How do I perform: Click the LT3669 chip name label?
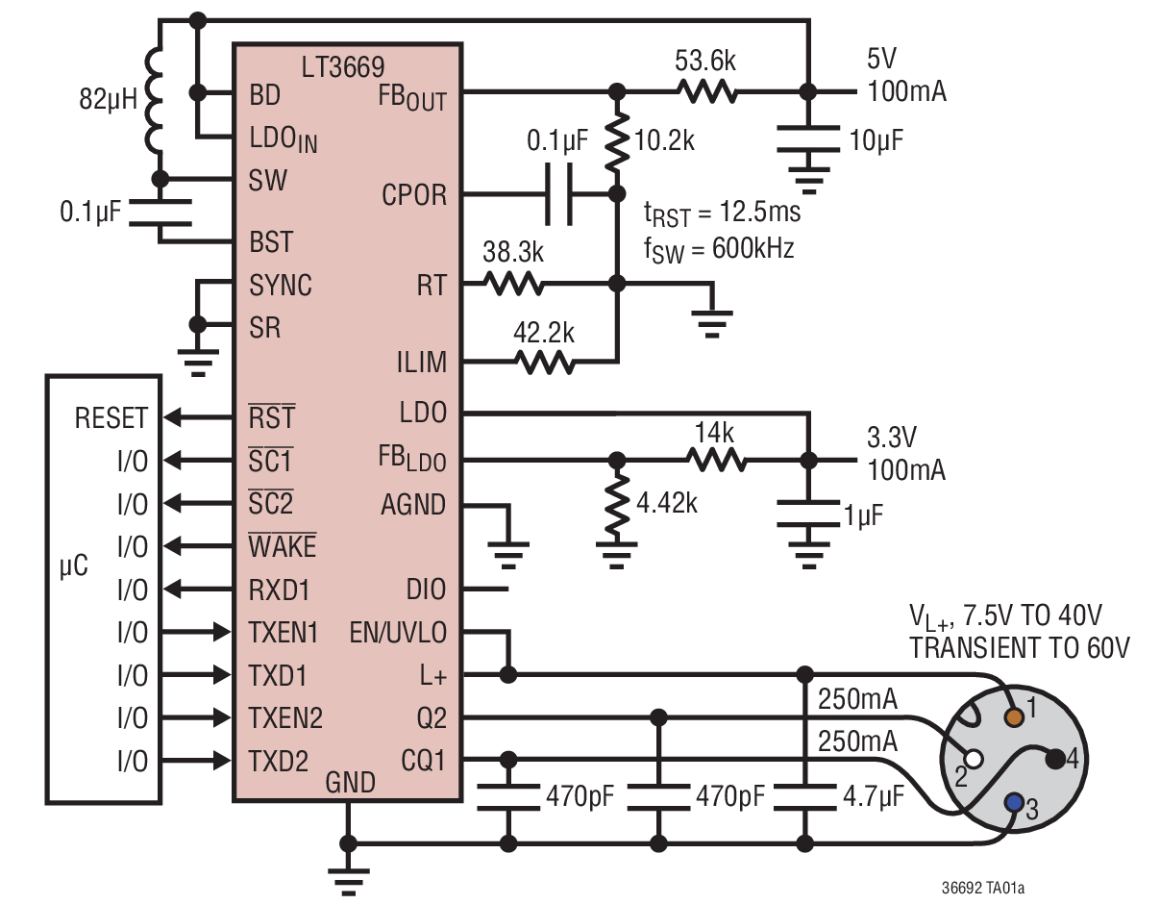pyautogui.click(x=342, y=66)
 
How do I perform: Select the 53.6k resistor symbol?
pyautogui.click(x=706, y=92)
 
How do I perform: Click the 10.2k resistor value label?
pyautogui.click(x=664, y=141)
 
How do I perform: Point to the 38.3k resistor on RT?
pyautogui.click(x=514, y=284)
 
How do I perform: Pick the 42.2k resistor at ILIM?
pyautogui.click(x=545, y=363)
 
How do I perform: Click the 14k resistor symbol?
pyautogui.click(x=716, y=460)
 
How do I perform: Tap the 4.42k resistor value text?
pyautogui.click(x=666, y=501)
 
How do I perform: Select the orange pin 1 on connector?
pyautogui.click(x=1013, y=716)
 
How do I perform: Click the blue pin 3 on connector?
pyautogui.click(x=1013, y=801)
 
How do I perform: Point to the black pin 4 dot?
pyautogui.click(x=1055, y=759)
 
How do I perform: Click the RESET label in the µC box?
pyautogui.click(x=111, y=418)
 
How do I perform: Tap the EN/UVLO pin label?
pyautogui.click(x=399, y=632)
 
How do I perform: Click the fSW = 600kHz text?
pyautogui.click(x=719, y=249)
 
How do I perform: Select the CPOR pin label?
pyautogui.click(x=414, y=195)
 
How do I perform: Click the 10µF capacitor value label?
pyautogui.click(x=875, y=140)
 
